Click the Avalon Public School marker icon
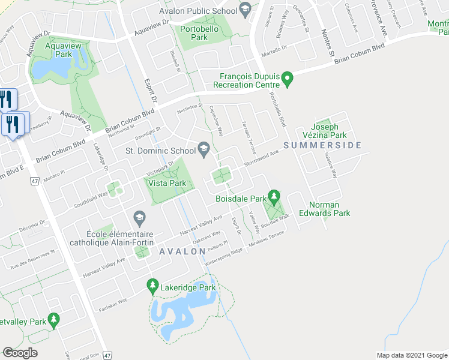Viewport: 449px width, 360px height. [244, 8]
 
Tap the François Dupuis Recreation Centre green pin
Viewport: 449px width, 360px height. [288, 79]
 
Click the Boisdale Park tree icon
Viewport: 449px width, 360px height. [274, 197]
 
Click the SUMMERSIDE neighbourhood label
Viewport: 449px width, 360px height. [322, 145]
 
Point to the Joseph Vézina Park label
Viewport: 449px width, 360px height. [329, 131]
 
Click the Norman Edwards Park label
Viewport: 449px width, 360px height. [329, 208]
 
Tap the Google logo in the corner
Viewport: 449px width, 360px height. [20, 353]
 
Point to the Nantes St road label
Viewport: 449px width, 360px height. [327, 44]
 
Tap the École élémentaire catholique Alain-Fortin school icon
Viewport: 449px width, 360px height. [139, 217]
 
